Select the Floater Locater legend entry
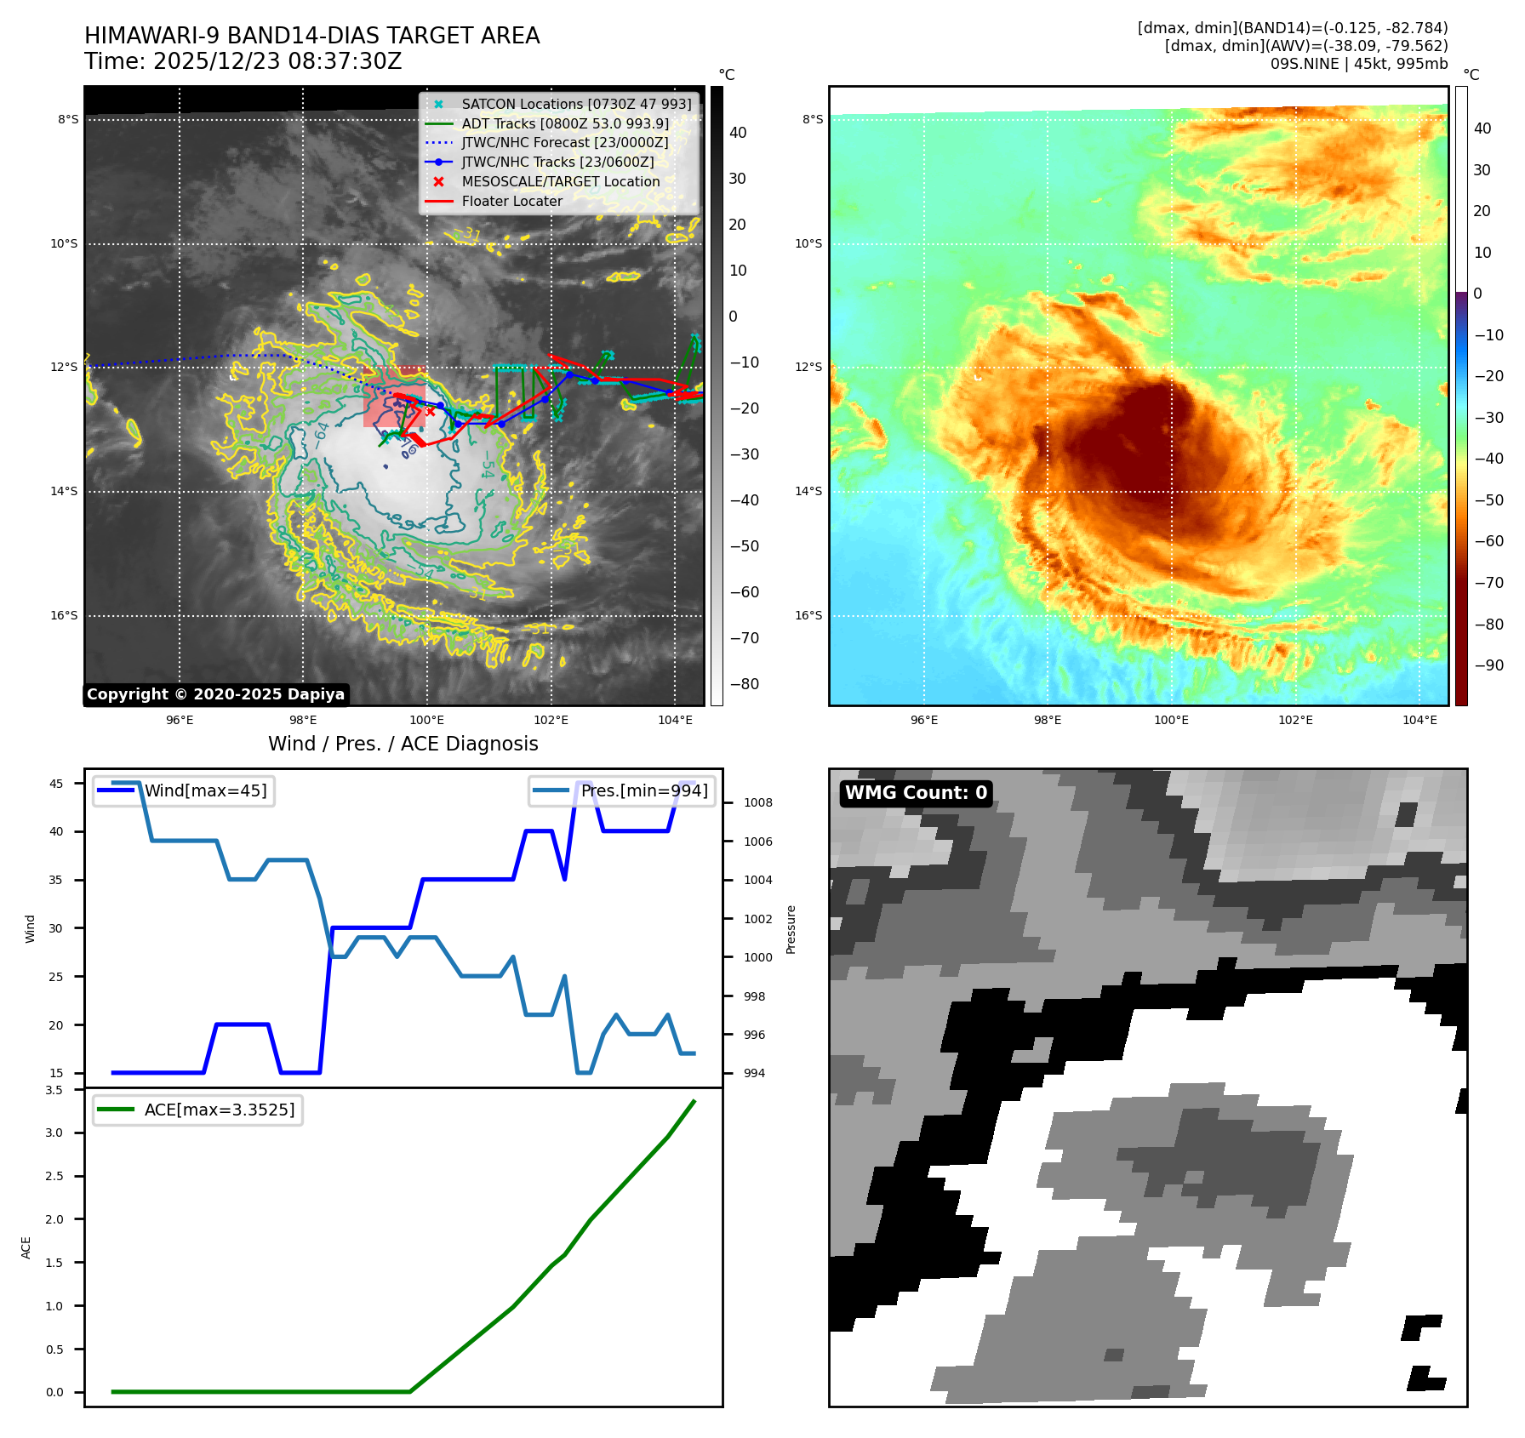coord(511,201)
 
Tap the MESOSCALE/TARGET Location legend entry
coord(560,181)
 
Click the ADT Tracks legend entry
coord(565,123)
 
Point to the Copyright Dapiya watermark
coord(215,694)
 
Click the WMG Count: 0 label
coord(916,793)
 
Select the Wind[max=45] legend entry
coord(205,790)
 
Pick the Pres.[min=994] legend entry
coord(643,790)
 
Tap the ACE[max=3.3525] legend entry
coord(219,1110)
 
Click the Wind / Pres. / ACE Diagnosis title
coord(403,744)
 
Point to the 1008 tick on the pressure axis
coord(757,802)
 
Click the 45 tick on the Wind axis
coord(56,784)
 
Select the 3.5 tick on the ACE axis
coord(54,1090)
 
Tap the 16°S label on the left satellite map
coord(64,615)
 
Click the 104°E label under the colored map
coord(1419,720)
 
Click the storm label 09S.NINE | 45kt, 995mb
coord(1358,64)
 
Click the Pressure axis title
coord(791,929)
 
